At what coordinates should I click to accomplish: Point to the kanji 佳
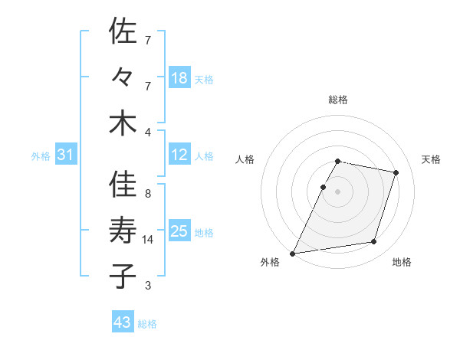(x=123, y=185)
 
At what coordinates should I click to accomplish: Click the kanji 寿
(x=123, y=231)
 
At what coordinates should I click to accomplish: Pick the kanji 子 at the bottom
(x=123, y=276)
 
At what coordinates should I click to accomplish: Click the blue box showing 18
(x=179, y=78)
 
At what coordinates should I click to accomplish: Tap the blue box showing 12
(x=179, y=155)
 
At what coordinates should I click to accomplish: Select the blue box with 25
(x=179, y=231)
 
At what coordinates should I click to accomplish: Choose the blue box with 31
(x=65, y=155)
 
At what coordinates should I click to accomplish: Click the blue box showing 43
(x=123, y=322)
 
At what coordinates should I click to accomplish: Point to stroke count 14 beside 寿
(x=149, y=240)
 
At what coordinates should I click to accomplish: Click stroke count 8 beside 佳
(x=147, y=194)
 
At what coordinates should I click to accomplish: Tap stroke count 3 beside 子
(x=147, y=286)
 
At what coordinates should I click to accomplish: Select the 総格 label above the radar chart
(x=338, y=100)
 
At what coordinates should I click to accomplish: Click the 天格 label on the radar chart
(x=431, y=159)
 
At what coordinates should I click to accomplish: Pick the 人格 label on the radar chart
(x=245, y=159)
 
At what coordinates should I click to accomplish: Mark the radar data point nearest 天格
(x=396, y=172)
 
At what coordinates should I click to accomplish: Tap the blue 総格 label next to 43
(x=147, y=324)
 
